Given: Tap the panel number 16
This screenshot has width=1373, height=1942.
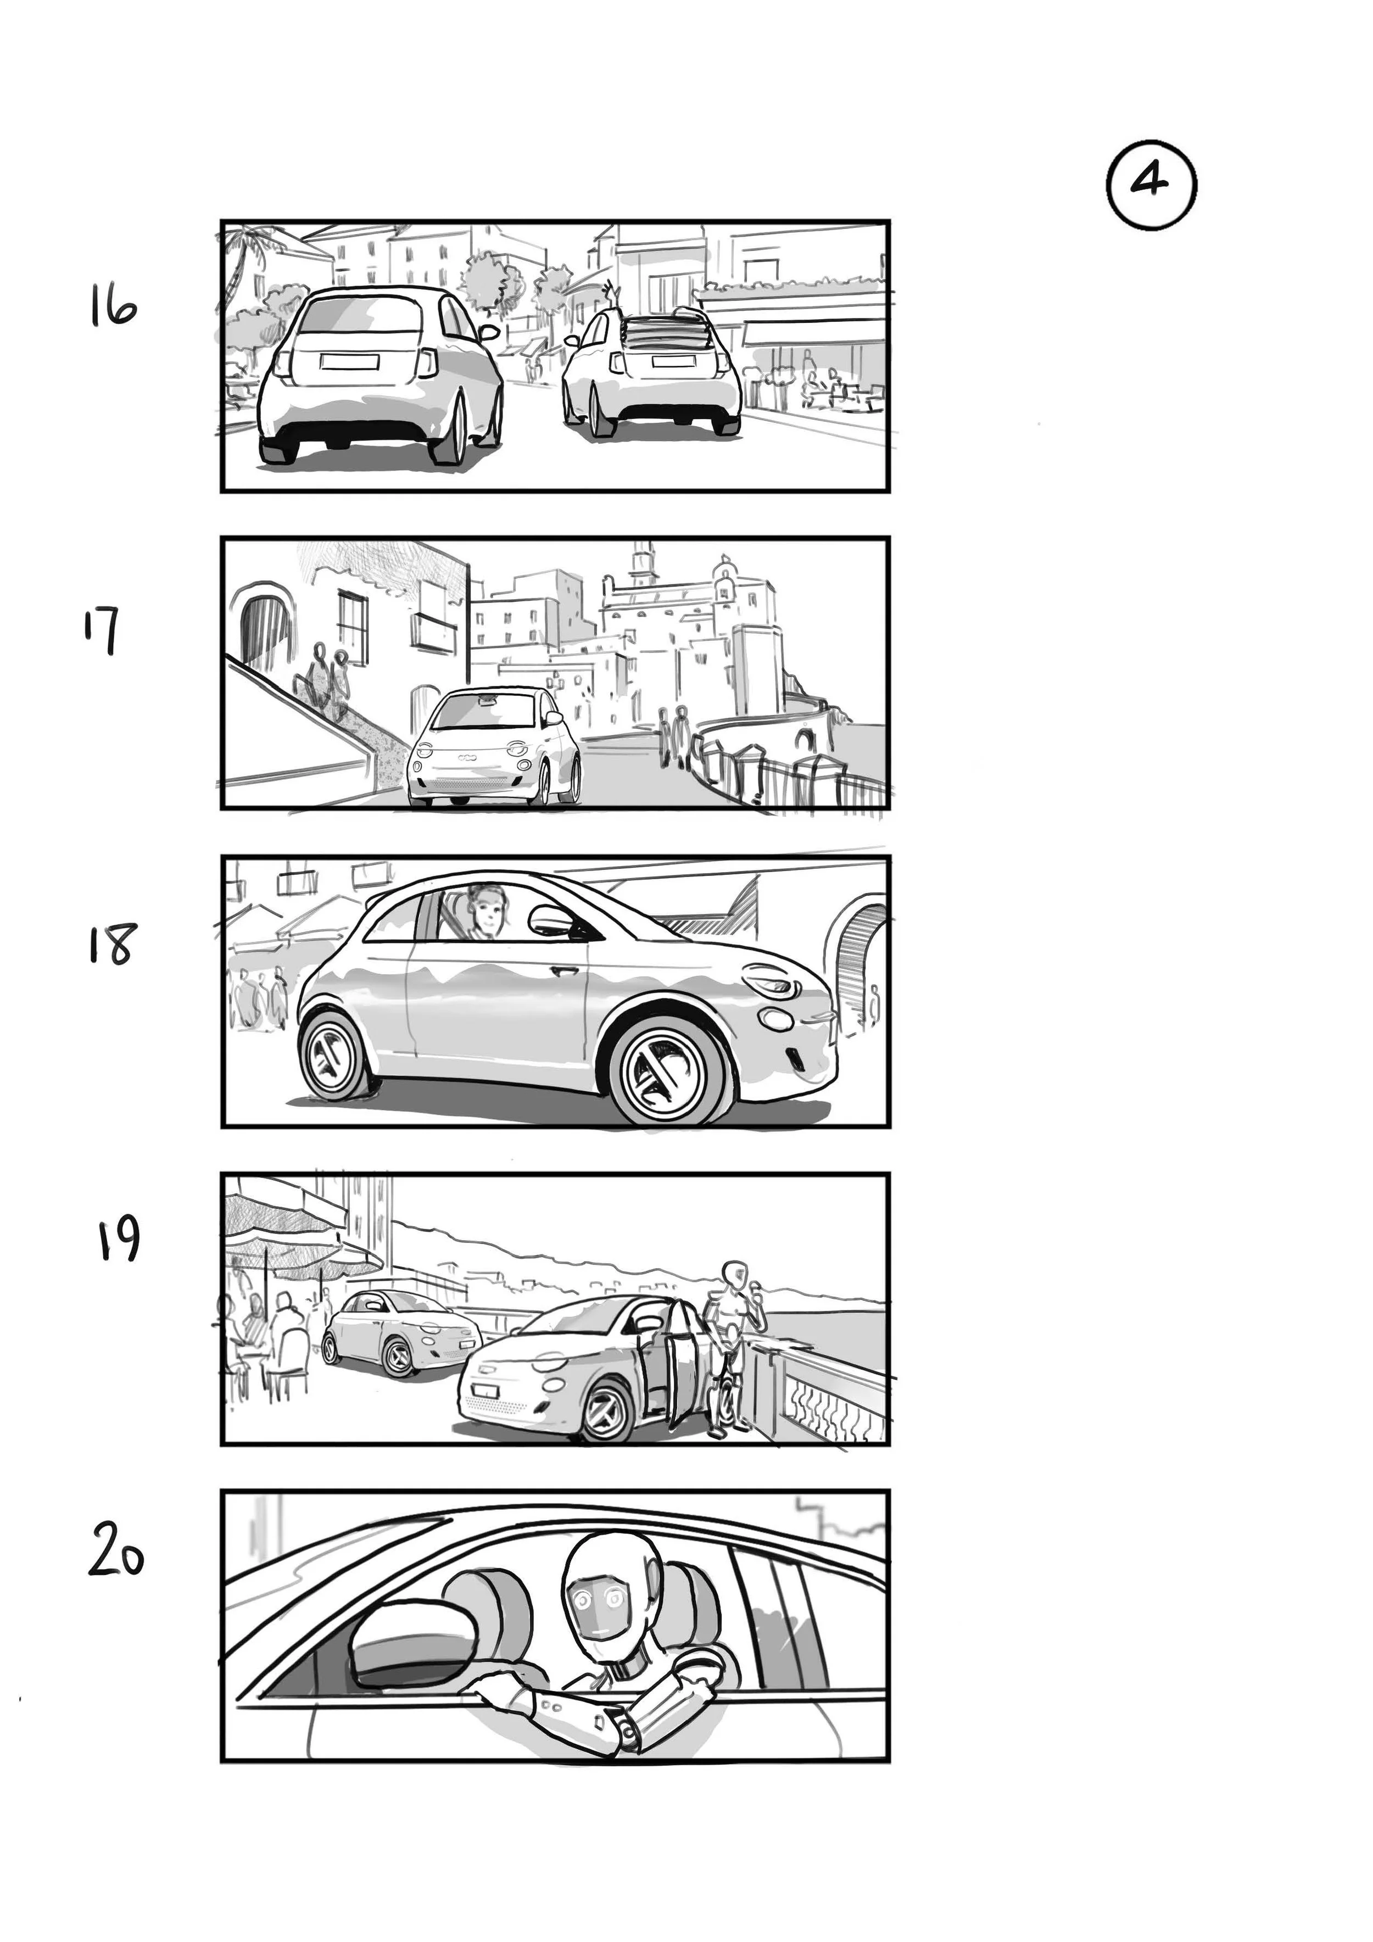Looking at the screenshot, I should click(x=113, y=308).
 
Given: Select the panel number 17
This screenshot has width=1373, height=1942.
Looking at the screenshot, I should click(x=102, y=630).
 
